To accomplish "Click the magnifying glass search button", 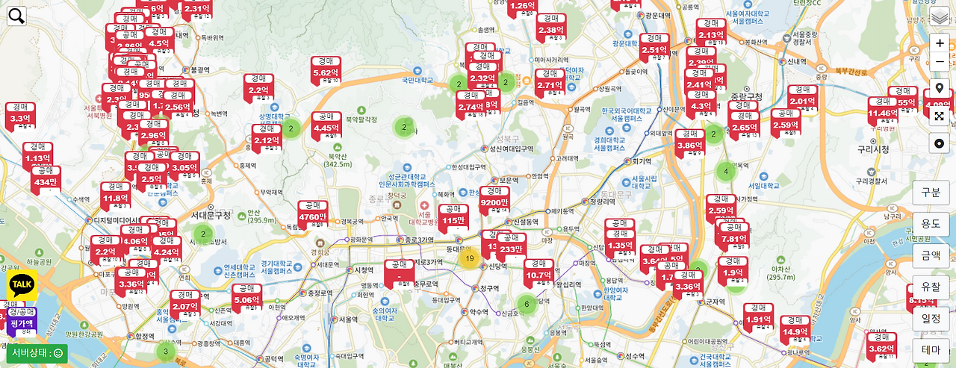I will click(16, 16).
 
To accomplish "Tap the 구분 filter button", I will click(931, 192).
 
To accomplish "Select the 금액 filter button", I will click(931, 255).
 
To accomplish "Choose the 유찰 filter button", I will click(931, 287).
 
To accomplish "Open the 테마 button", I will click(931, 350).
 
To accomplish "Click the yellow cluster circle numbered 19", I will click(469, 259).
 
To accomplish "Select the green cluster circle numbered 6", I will click(527, 304).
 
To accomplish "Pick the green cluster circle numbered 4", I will click(725, 172).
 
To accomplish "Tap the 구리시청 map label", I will click(872, 149).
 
